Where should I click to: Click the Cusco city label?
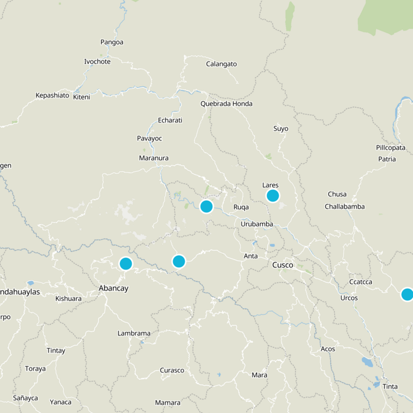point(282,265)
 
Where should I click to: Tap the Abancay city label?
point(114,289)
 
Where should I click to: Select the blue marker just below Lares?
point(273,196)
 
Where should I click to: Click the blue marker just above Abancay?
point(125,264)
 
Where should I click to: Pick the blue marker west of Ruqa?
point(206,206)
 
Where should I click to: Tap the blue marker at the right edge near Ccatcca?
point(407,294)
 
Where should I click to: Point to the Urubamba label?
point(257,224)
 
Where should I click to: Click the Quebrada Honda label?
point(227,104)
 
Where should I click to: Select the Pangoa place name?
point(112,42)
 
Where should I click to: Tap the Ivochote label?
point(97,62)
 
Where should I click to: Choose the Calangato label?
point(221,64)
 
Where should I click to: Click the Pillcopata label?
point(391,148)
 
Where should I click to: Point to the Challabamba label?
point(345,206)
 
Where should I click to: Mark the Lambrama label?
point(134,333)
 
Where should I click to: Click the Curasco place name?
point(172,371)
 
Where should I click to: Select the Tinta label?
point(390,387)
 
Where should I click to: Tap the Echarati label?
point(170,120)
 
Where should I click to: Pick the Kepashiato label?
point(52,96)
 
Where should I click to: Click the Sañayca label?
point(25,398)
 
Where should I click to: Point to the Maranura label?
point(154,158)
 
